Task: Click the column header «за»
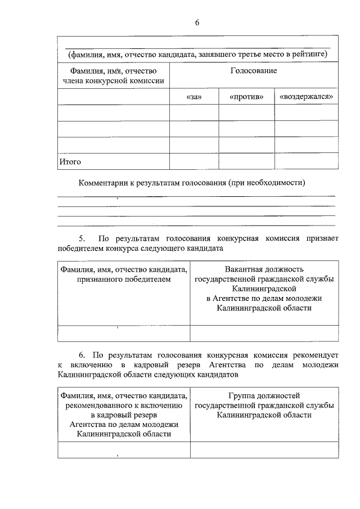[x=193, y=97]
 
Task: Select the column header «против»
[x=246, y=97]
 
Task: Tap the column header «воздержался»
[x=307, y=97]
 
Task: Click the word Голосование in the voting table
[x=254, y=71]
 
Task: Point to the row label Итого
[x=70, y=162]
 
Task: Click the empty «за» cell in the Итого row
[x=193, y=161]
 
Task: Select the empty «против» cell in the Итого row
[x=246, y=161]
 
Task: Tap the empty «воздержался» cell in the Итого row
[x=307, y=161]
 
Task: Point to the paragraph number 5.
[x=81, y=238]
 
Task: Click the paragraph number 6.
[x=82, y=355]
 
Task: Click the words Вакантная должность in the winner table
[x=264, y=269]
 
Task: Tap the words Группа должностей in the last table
[x=264, y=395]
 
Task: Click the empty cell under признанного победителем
[x=123, y=333]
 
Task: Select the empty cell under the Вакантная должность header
[x=264, y=333]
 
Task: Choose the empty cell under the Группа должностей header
[x=264, y=450]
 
